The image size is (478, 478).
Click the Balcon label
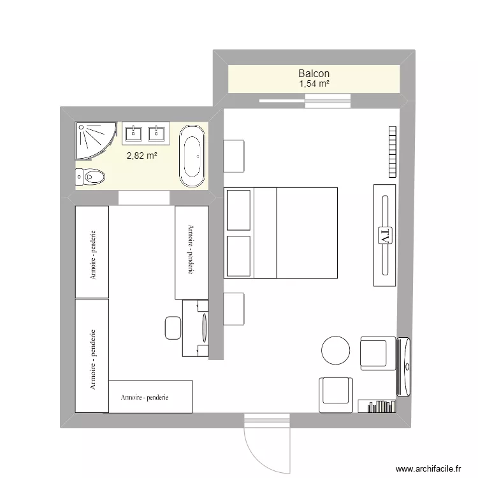click(314, 74)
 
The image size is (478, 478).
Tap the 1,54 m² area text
click(314, 83)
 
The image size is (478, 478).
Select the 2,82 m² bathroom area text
click(141, 155)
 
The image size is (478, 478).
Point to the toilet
click(91, 175)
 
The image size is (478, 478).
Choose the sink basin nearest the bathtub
click(157, 133)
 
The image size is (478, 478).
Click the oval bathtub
click(192, 156)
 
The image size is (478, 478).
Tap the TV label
click(384, 235)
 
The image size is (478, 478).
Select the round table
click(335, 349)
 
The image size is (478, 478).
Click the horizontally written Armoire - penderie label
click(145, 397)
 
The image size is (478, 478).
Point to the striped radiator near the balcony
click(392, 152)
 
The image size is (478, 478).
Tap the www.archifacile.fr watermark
click(428, 467)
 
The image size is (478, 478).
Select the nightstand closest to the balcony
click(235, 156)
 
